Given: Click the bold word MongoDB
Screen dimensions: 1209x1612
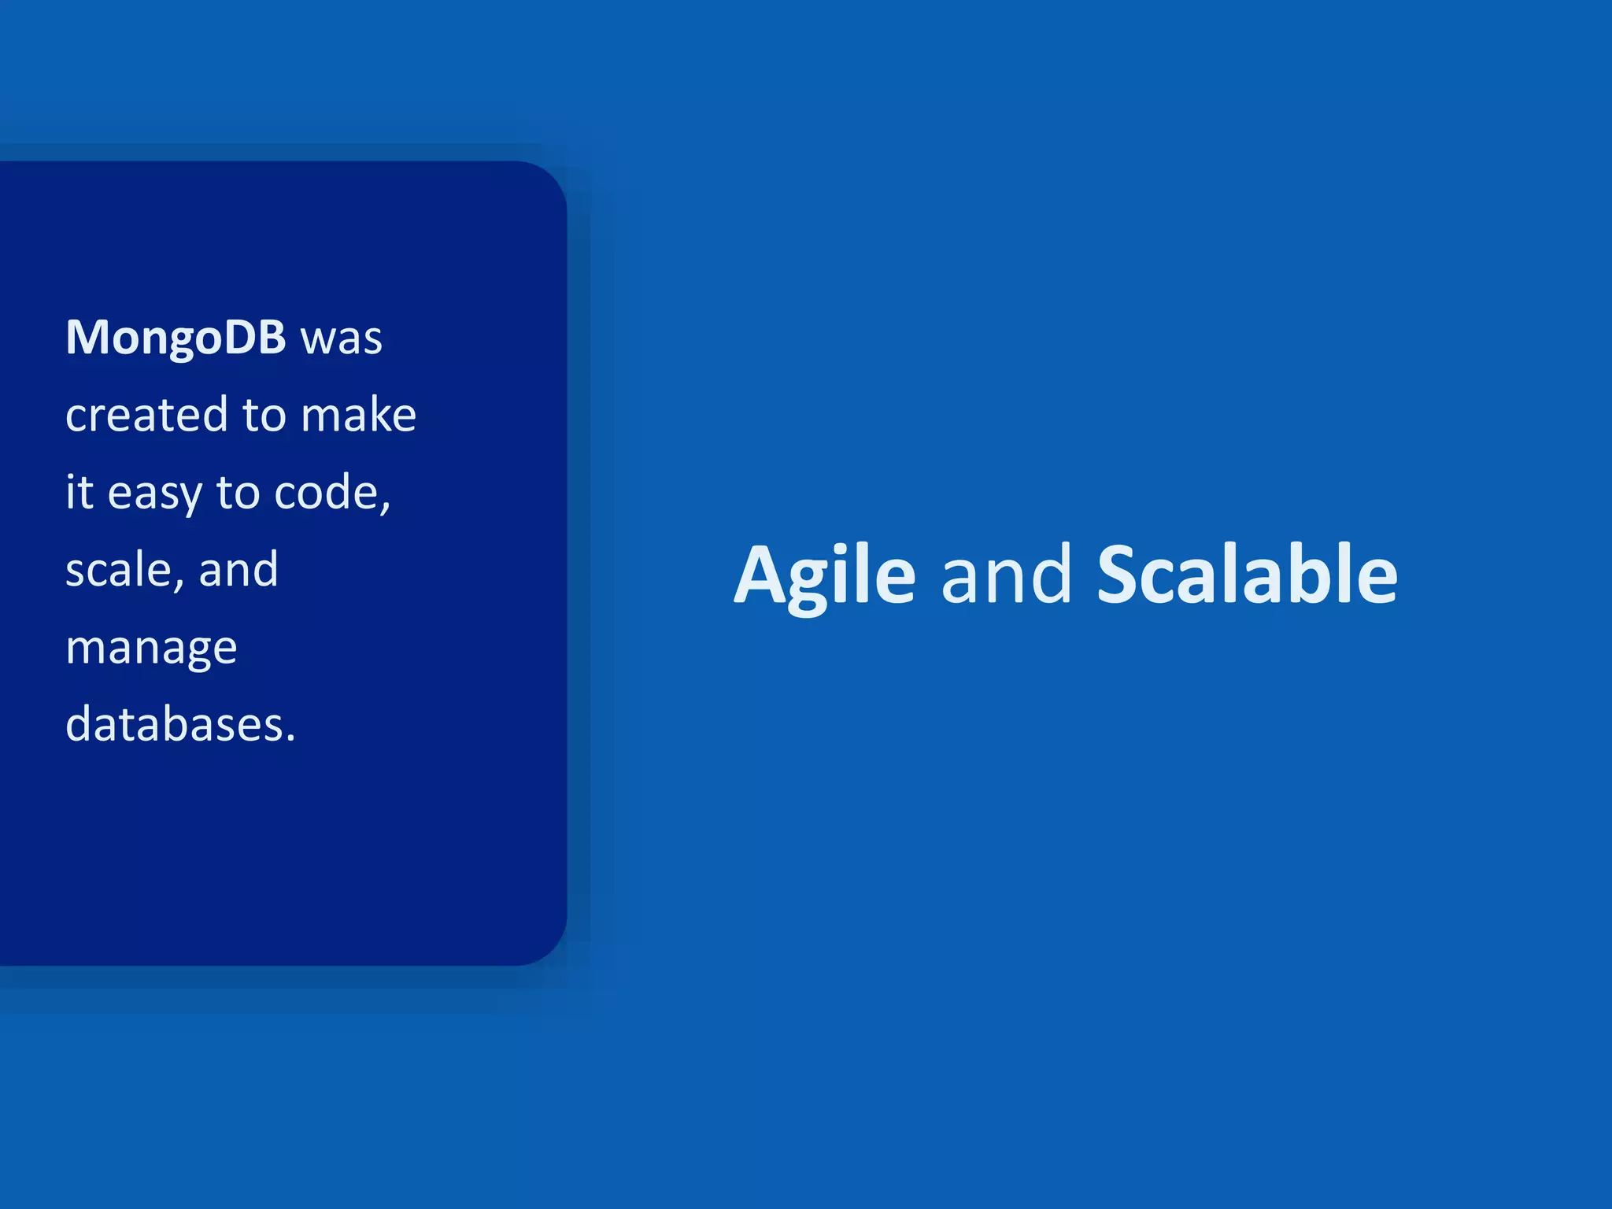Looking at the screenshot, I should click(175, 338).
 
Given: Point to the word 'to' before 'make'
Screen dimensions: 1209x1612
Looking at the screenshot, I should click(264, 416).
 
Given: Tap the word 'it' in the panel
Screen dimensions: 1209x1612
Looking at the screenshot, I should click(79, 492).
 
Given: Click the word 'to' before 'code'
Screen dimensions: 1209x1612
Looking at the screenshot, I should click(238, 493).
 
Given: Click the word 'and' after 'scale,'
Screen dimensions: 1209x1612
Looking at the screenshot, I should click(238, 569).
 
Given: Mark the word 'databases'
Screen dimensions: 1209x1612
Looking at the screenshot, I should click(175, 723).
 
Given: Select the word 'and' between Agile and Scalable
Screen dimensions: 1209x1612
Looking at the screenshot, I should click(1006, 575).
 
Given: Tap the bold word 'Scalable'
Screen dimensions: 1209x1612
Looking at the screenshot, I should click(1247, 575).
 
